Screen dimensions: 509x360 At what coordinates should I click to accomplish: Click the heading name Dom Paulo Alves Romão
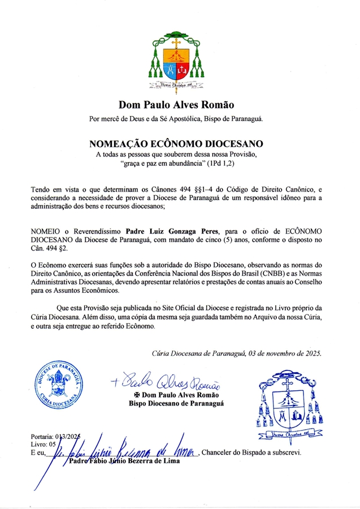[176, 105]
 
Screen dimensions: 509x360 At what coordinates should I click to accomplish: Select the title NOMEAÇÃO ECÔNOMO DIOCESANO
[176, 144]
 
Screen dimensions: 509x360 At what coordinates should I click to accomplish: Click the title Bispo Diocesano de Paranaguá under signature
[176, 403]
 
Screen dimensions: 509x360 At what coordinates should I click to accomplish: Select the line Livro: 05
[46, 444]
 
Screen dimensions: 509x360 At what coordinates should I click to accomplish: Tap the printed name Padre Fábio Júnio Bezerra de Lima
[124, 461]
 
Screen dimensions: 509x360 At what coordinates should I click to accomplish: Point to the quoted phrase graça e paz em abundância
[153, 163]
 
